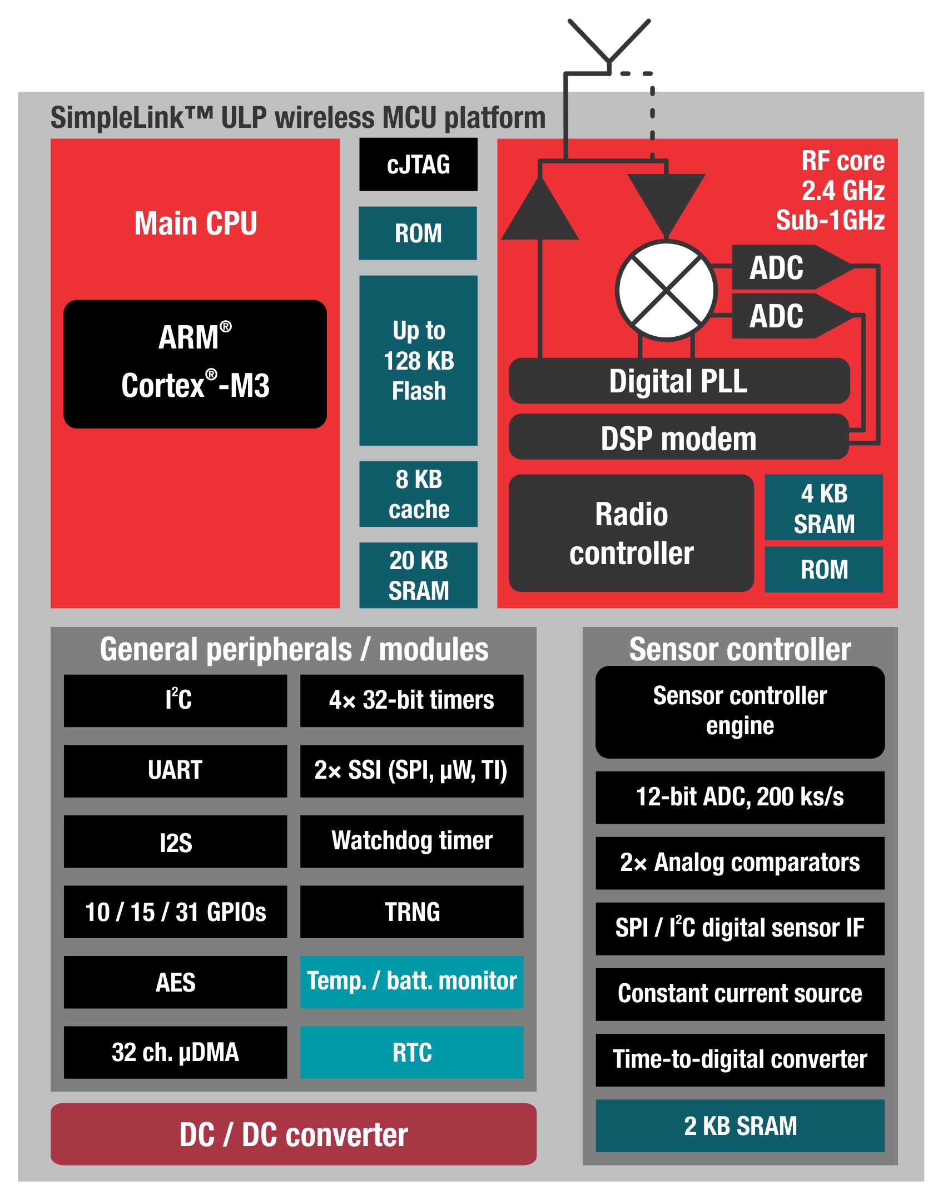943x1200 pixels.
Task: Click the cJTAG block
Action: click(x=418, y=165)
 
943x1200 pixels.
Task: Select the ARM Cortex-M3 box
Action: click(x=195, y=364)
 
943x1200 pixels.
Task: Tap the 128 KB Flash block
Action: click(x=418, y=360)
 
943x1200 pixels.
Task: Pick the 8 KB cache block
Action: click(x=418, y=494)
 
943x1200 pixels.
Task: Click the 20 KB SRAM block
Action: click(x=418, y=575)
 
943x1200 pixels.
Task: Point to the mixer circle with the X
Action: click(x=666, y=290)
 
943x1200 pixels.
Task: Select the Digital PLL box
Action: click(x=679, y=381)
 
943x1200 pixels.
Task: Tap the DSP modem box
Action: click(x=679, y=438)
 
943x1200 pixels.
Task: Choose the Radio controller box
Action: click(x=631, y=533)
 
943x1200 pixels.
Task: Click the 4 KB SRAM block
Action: click(x=823, y=507)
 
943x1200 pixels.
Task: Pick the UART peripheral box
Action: click(x=175, y=771)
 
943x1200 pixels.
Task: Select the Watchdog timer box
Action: click(x=411, y=841)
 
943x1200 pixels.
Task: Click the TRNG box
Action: click(x=411, y=912)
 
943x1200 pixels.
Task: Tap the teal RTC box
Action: click(x=411, y=1052)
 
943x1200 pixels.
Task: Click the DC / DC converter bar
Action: click(x=294, y=1134)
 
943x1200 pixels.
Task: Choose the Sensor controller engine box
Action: click(x=739, y=712)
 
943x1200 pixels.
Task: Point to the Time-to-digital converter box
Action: click(x=739, y=1059)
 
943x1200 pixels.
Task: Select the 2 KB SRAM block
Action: click(x=739, y=1126)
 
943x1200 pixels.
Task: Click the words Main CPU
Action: click(x=196, y=223)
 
